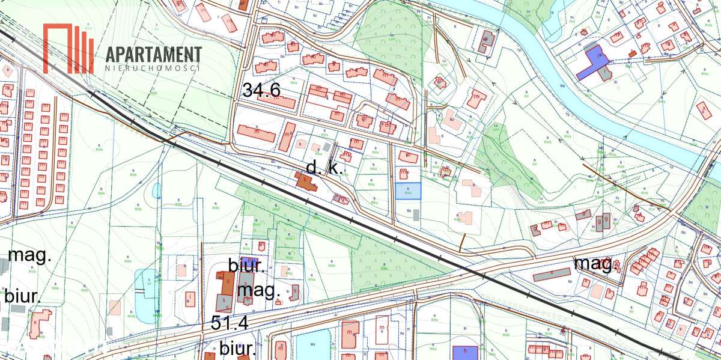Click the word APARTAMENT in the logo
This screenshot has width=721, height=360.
pos(153,54)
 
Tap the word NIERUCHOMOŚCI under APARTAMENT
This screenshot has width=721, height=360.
pos(152,69)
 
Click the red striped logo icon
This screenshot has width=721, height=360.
pos(68,48)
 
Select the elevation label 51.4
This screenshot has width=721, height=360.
pos(230,323)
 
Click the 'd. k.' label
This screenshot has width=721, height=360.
pos(324,168)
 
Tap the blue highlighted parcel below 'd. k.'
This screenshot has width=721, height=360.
pos(408,191)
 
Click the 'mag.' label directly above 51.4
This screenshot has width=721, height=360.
pos(259,291)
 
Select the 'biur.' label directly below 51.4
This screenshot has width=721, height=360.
pos(238,349)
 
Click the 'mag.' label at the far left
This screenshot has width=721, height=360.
pos(29,255)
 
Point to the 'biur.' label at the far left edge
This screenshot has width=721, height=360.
pos(22,296)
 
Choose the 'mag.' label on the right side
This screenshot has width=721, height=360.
pos(594,263)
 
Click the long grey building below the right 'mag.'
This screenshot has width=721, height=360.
pos(552,275)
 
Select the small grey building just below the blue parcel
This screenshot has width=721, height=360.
pos(416,215)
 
